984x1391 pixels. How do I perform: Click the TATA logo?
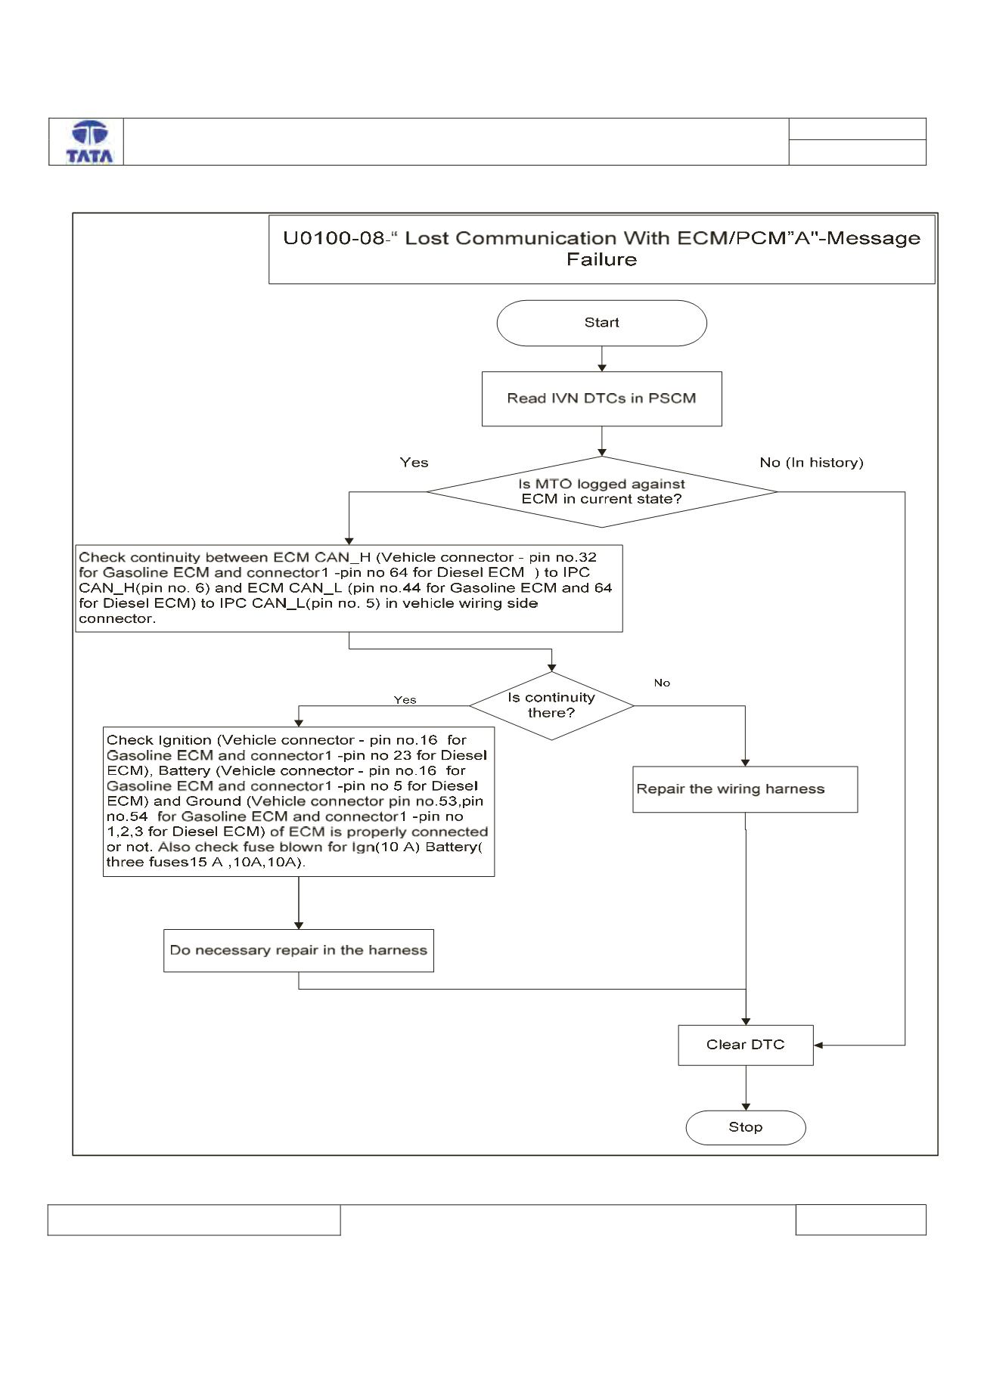(x=90, y=142)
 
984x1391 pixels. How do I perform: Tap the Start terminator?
(x=601, y=323)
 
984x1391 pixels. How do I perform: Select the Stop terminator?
(x=746, y=1127)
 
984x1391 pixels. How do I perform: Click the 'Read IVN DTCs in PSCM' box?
(x=601, y=398)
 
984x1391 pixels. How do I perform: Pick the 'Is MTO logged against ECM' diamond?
(x=601, y=491)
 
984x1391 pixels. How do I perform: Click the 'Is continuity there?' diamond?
(x=551, y=705)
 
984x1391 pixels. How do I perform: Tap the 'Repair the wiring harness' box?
(x=745, y=789)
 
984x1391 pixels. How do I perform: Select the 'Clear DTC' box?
(x=746, y=1045)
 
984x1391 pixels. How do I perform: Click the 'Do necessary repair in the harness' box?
(x=299, y=950)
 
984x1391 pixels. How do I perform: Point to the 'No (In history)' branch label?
(x=812, y=463)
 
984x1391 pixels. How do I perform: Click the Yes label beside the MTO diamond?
(x=414, y=463)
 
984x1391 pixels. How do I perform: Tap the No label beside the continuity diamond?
(x=662, y=683)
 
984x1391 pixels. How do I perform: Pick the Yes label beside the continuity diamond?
(x=405, y=700)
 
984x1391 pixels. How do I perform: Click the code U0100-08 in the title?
(x=334, y=238)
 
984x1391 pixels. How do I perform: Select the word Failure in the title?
(x=602, y=259)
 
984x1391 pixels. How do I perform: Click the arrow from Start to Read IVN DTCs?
(x=602, y=359)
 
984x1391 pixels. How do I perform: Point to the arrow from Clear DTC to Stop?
(x=746, y=1089)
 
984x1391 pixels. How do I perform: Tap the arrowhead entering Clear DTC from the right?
(x=818, y=1046)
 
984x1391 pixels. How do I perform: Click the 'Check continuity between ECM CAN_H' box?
(x=349, y=588)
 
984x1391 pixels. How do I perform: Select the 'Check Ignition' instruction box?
(x=299, y=801)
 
